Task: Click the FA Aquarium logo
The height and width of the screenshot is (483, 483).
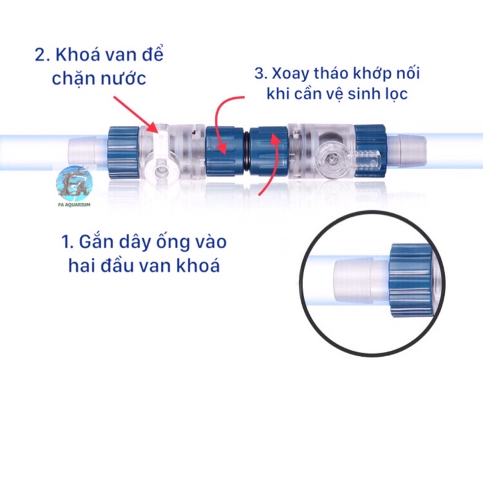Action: click(x=74, y=186)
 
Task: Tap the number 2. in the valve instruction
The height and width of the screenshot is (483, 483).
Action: click(x=42, y=56)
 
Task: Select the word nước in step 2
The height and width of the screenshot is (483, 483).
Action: click(x=123, y=78)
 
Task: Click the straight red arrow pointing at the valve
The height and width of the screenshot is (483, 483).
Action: click(x=135, y=114)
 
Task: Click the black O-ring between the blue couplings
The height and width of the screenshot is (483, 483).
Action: click(x=246, y=151)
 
